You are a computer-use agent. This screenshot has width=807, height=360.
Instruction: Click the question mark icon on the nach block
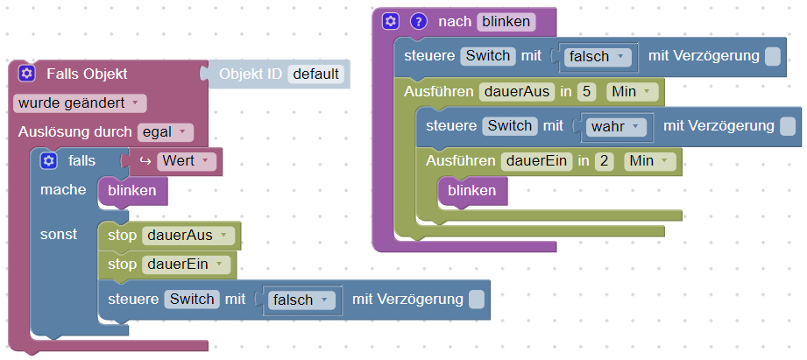pyautogui.click(x=418, y=21)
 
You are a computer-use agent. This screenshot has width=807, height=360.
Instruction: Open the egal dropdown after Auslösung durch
pyautogui.click(x=166, y=132)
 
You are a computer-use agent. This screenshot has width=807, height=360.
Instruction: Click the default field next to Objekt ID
pyautogui.click(x=315, y=74)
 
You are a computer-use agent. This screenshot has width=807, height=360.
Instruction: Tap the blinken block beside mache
pyautogui.click(x=131, y=190)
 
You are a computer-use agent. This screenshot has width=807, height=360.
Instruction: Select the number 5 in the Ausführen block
pyautogui.click(x=588, y=91)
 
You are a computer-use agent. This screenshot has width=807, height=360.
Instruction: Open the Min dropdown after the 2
pyautogui.click(x=650, y=161)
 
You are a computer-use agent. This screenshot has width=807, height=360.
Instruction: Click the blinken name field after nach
pyautogui.click(x=505, y=21)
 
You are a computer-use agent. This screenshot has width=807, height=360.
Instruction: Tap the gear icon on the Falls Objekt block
pyautogui.click(x=26, y=74)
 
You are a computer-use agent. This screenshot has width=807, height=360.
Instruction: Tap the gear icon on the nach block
pyautogui.click(x=391, y=21)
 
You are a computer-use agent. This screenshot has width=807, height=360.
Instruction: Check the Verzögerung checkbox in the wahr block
pyautogui.click(x=788, y=126)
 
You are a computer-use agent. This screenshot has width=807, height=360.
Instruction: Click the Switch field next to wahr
pyautogui.click(x=509, y=126)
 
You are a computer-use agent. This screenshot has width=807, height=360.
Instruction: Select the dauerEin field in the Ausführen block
pyautogui.click(x=535, y=161)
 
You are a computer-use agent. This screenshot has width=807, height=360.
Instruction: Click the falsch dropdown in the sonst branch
pyautogui.click(x=300, y=300)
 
